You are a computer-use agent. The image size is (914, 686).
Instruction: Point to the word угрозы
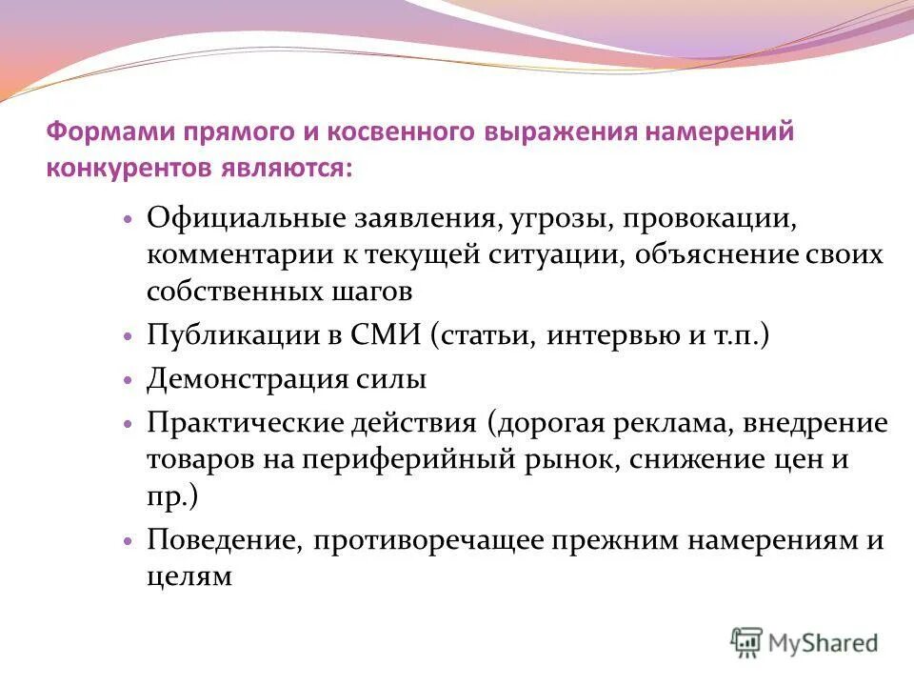[544, 218]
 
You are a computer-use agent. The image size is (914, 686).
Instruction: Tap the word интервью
[607, 335]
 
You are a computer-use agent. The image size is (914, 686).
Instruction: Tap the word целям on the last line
[189, 575]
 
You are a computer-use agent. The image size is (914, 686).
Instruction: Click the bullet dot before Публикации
[127, 337]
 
